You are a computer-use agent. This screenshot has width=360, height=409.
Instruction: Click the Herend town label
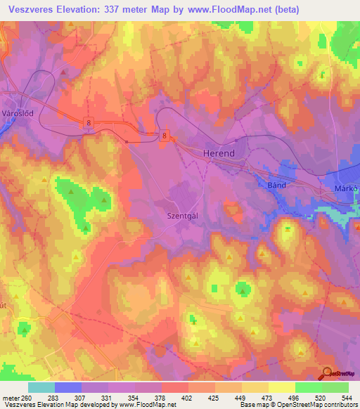click(218, 152)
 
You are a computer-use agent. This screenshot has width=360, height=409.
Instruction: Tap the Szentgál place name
click(182, 216)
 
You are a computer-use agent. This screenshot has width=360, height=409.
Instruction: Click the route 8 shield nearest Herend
click(165, 136)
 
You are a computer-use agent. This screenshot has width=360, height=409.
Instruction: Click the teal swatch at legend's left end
click(41, 387)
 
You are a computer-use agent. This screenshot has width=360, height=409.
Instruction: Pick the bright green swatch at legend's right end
click(335, 387)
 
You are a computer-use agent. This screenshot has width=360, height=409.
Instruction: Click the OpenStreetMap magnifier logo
click(327, 373)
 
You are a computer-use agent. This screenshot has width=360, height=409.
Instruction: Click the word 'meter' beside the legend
click(11, 398)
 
